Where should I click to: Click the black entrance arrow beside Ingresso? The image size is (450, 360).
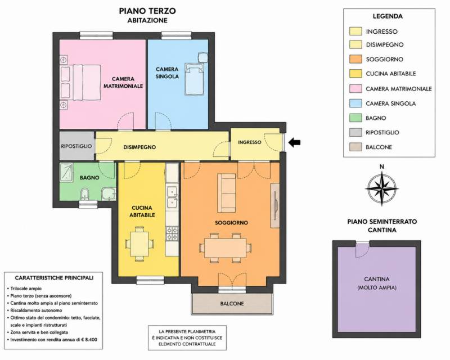pyautogui.click(x=294, y=142)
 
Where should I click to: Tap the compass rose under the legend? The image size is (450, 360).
pyautogui.click(x=382, y=188)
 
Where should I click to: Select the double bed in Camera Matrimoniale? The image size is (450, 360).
pyautogui.click(x=80, y=82)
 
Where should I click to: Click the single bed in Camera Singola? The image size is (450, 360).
pyautogui.click(x=194, y=79)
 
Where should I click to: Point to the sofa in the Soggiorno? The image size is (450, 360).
pyautogui.click(x=227, y=192)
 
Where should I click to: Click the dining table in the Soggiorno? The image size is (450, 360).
pyautogui.click(x=226, y=247)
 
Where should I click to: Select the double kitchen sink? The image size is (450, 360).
pyautogui.click(x=172, y=197)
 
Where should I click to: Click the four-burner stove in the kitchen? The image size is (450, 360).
pyautogui.click(x=172, y=233)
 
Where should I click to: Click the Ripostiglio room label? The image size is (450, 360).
pyautogui.click(x=76, y=146)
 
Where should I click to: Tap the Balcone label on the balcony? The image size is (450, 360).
pyautogui.click(x=232, y=303)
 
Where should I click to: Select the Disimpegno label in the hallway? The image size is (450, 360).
pyautogui.click(x=139, y=147)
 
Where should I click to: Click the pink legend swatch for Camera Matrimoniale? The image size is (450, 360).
pyautogui.click(x=355, y=89)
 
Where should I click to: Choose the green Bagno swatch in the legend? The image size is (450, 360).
pyautogui.click(x=355, y=118)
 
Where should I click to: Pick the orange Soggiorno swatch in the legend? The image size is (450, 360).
pyautogui.click(x=355, y=59)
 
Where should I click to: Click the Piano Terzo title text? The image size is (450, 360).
pyautogui.click(x=147, y=11)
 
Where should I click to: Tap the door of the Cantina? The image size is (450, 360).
pyautogui.click(x=362, y=249)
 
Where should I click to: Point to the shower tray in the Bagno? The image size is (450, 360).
pyautogui.click(x=66, y=172)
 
